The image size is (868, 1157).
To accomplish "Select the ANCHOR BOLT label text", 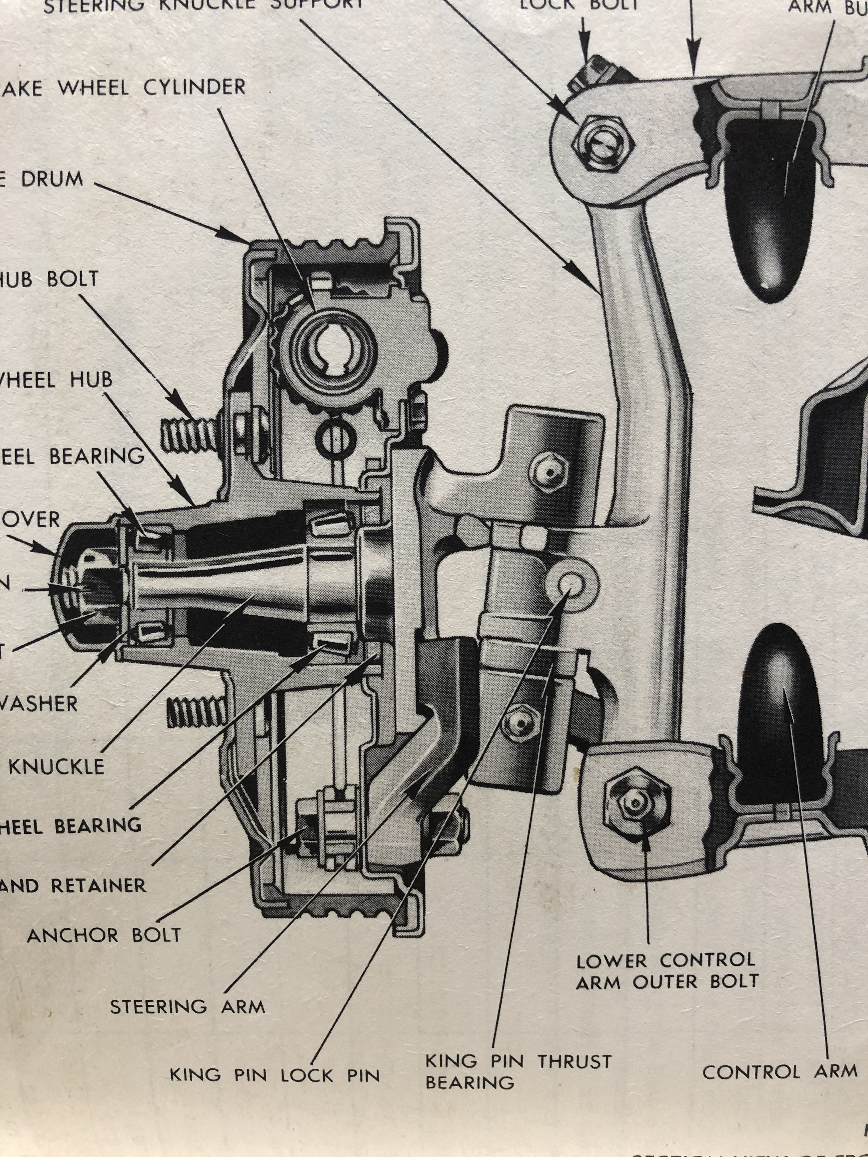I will click(x=104, y=935).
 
